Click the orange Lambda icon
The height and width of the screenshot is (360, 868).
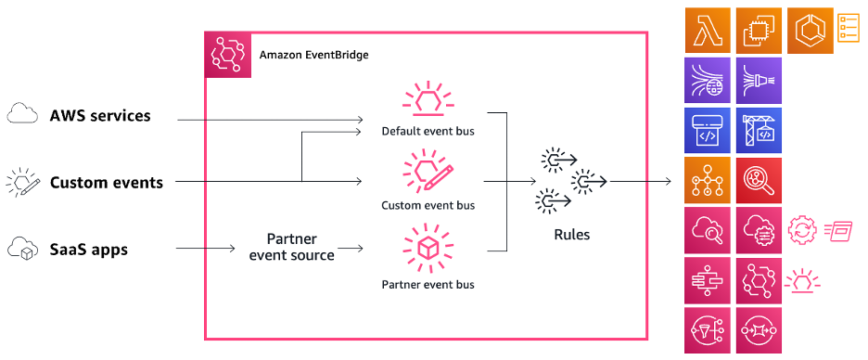(x=708, y=30)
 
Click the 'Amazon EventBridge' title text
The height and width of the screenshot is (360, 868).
(x=313, y=56)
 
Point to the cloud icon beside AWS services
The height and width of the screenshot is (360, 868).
(x=22, y=116)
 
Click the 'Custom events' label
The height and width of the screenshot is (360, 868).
(x=106, y=183)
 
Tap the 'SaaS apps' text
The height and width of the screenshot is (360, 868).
(x=88, y=250)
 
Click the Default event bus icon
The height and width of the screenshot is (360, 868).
(x=428, y=101)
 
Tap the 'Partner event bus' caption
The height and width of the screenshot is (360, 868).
(x=428, y=283)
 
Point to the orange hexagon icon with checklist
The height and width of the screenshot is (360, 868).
(x=811, y=30)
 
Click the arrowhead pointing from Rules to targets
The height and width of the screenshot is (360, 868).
(x=669, y=182)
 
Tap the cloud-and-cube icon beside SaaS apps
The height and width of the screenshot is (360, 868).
(x=22, y=249)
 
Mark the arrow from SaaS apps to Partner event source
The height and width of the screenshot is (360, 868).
(x=204, y=249)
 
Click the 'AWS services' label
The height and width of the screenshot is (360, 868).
(x=100, y=116)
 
